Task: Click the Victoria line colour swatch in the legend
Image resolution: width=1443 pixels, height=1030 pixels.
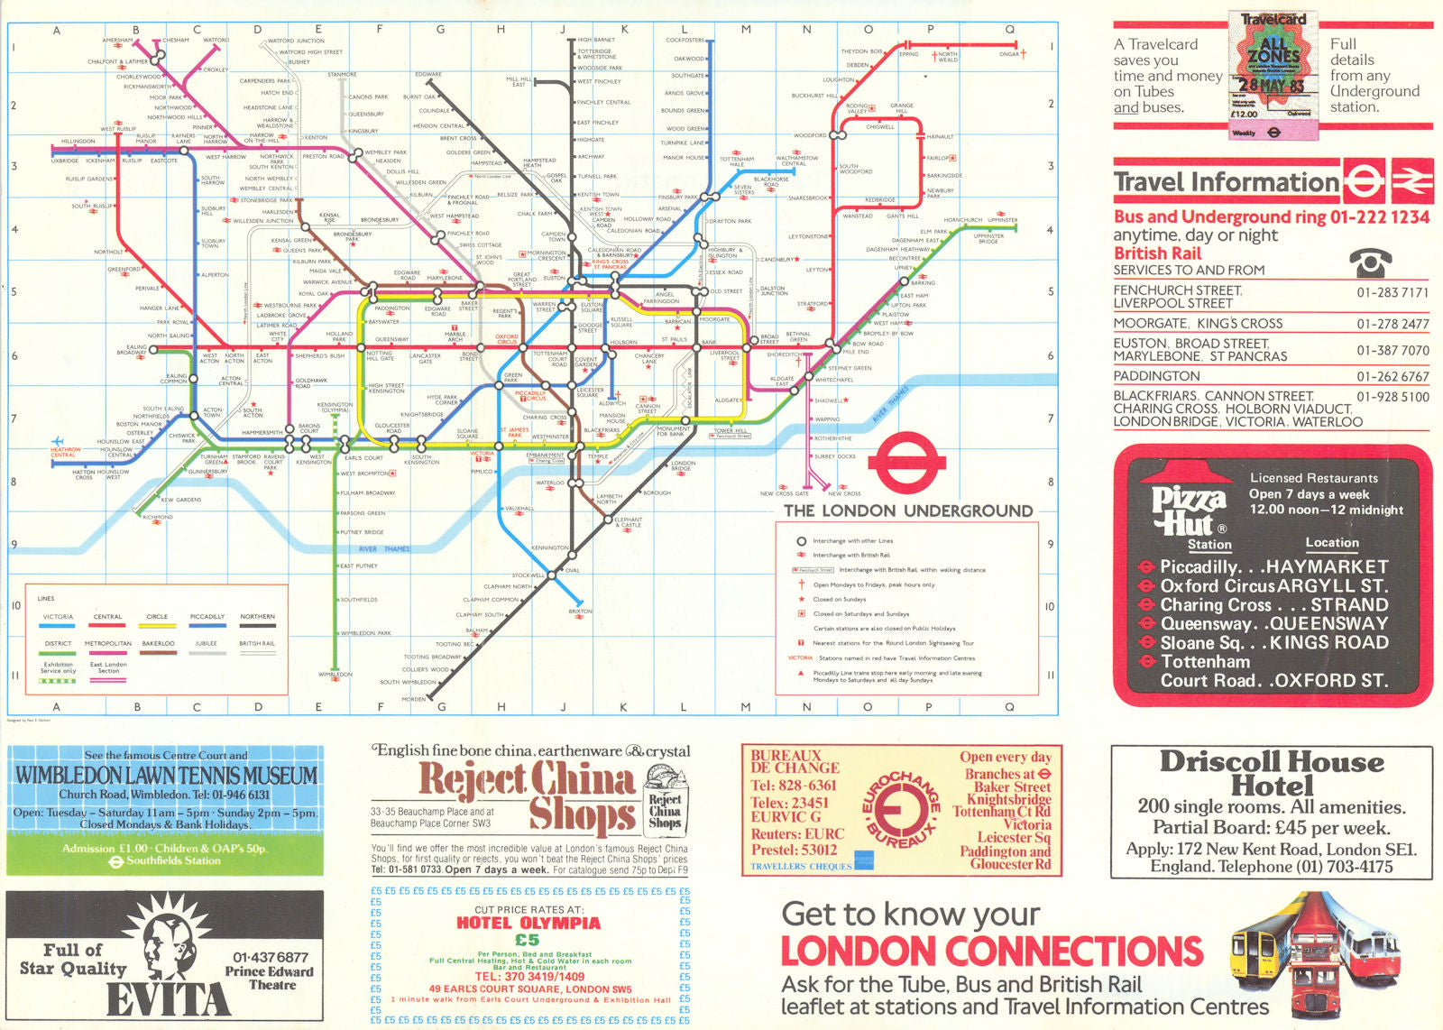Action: [x=58, y=626]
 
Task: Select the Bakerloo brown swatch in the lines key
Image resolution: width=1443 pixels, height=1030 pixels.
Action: [x=158, y=652]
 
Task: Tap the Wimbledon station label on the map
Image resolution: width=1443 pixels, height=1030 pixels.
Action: [x=335, y=675]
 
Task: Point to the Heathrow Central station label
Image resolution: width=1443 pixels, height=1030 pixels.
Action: [x=65, y=452]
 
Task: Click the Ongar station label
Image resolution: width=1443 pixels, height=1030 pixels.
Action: [x=1008, y=54]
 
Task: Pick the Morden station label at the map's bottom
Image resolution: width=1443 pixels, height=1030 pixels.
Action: [x=414, y=699]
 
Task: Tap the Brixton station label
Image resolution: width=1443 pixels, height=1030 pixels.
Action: [x=580, y=612]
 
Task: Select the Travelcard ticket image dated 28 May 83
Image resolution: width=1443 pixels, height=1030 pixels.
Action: [x=1273, y=76]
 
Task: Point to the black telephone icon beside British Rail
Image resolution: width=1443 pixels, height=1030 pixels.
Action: [x=1370, y=262]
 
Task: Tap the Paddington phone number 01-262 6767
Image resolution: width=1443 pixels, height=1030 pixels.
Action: [x=1392, y=376]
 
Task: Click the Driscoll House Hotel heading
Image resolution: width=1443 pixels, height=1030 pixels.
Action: [x=1272, y=773]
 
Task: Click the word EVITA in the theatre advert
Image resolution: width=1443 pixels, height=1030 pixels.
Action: [x=168, y=999]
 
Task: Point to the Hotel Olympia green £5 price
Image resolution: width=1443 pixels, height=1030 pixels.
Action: [x=528, y=940]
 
